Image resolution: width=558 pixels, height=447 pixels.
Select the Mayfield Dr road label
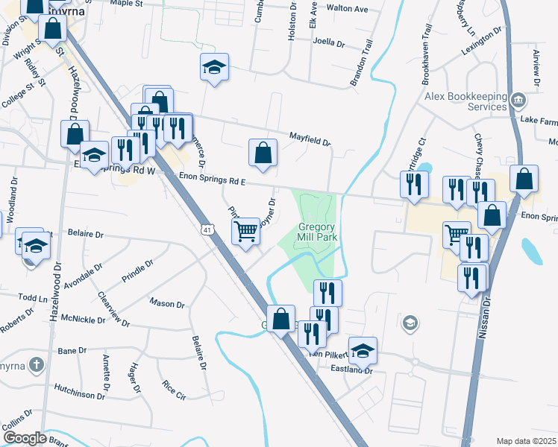[310, 138]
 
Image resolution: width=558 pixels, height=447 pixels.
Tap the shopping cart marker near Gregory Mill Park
[245, 232]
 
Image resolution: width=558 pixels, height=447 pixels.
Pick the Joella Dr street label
[329, 43]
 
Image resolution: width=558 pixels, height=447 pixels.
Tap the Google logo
[25, 438]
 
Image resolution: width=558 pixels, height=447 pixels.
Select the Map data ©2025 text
[526, 441]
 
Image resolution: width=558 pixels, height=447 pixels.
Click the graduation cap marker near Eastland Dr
[363, 350]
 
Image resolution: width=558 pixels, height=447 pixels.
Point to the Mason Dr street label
[167, 304]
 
